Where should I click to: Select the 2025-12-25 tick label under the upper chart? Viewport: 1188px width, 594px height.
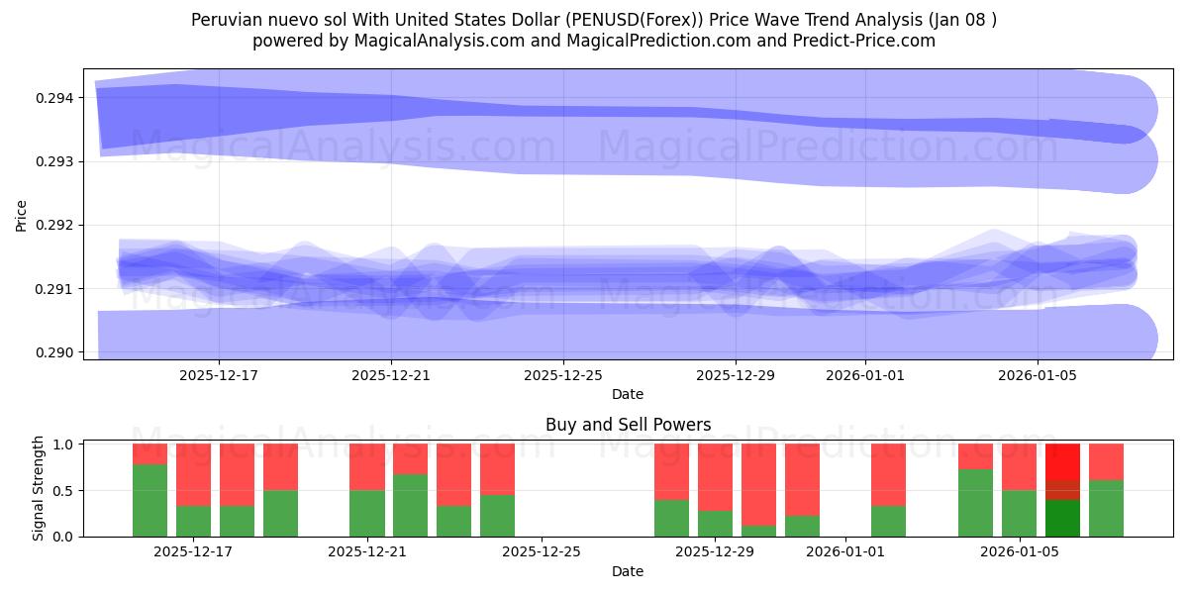[x=562, y=375]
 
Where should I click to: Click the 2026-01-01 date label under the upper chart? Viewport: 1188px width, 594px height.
[x=864, y=375]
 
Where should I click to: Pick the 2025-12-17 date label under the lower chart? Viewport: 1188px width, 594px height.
[x=193, y=551]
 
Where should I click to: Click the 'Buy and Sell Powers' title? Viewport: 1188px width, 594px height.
[x=628, y=425]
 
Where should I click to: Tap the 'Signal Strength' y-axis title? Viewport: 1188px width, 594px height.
[x=39, y=488]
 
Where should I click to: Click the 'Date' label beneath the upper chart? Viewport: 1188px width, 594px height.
[x=628, y=394]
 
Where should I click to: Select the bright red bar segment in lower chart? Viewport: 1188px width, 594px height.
[x=1062, y=461]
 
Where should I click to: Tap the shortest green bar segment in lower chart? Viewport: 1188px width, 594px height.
[x=758, y=531]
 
